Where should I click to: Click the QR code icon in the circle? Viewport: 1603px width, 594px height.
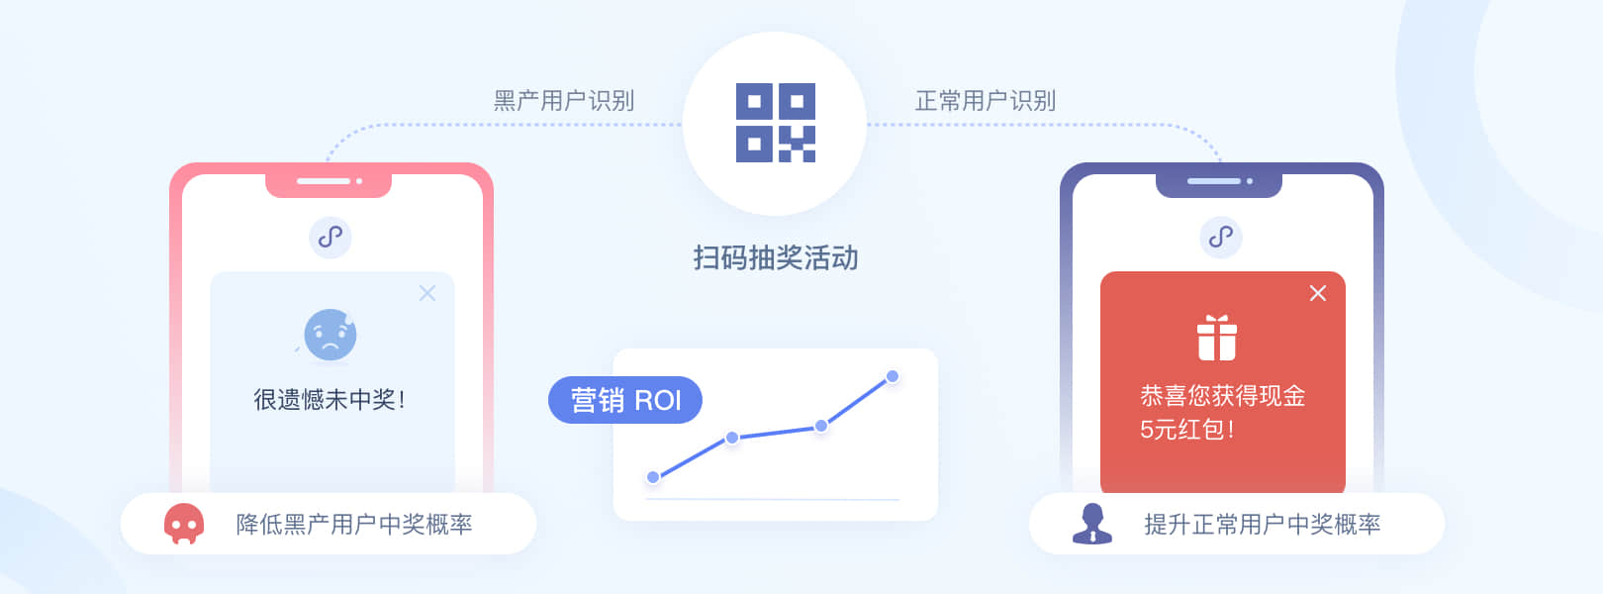tap(775, 123)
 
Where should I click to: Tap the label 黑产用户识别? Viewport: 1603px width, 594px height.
tap(564, 101)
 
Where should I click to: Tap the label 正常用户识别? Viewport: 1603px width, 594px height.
tap(986, 101)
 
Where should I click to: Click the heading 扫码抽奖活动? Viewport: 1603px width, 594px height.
tap(776, 258)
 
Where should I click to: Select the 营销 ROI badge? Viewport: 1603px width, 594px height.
tap(625, 400)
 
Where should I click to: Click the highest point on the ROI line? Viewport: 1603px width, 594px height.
tap(893, 376)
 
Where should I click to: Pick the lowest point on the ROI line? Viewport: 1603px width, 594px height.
tap(653, 477)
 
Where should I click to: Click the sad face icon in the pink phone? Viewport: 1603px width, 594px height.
tap(330, 335)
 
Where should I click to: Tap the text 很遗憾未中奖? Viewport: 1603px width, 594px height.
tap(330, 400)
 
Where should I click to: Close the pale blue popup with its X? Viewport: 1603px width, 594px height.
tap(427, 293)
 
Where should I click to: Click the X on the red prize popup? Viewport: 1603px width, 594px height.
tap(1318, 293)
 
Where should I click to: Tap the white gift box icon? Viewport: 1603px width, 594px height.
tap(1217, 338)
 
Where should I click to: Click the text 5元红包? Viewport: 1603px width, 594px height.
tap(1187, 430)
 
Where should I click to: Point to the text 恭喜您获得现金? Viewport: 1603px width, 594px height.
tap(1223, 396)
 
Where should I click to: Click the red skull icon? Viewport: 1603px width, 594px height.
tap(184, 524)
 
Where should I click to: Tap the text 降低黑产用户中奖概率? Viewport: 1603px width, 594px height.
tap(354, 524)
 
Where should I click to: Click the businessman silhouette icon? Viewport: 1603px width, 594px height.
tap(1092, 524)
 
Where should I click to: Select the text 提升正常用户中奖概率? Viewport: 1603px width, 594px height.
tap(1263, 524)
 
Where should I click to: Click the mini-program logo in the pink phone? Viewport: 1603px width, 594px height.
tap(330, 237)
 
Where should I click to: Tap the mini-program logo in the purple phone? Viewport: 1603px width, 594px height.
tap(1221, 237)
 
